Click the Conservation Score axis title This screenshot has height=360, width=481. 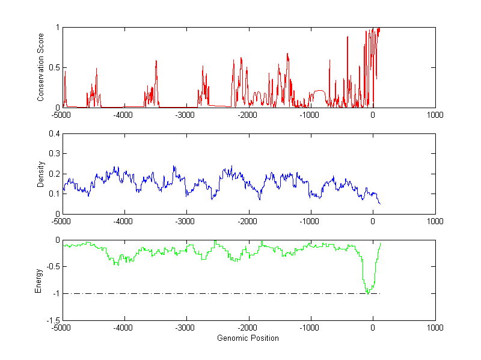(40, 67)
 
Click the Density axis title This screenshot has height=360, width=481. (40, 174)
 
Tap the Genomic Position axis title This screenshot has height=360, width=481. (248, 338)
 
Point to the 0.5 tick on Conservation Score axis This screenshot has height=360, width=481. (54, 67)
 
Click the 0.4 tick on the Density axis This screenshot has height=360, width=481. (54, 134)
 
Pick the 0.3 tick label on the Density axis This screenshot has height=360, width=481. (54, 154)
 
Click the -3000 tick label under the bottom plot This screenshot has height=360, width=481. (186, 328)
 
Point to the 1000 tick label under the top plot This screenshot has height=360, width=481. (435, 115)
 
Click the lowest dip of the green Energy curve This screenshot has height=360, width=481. (367, 293)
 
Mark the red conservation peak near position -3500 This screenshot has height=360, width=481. (156, 61)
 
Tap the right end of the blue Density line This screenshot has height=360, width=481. (380, 204)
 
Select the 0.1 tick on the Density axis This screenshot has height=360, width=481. (54, 194)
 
